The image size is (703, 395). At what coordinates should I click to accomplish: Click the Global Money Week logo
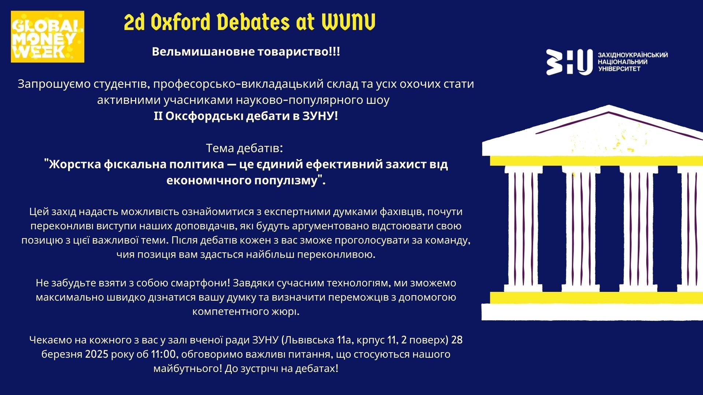(x=48, y=37)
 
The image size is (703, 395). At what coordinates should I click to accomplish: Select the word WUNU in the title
(x=349, y=23)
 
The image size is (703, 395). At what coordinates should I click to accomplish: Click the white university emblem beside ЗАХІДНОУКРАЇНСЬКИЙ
(x=569, y=62)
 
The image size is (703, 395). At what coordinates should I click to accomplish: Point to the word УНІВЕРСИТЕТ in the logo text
(x=619, y=69)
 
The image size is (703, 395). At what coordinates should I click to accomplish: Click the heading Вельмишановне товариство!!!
(x=246, y=52)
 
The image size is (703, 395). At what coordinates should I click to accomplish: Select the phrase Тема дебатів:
(x=244, y=148)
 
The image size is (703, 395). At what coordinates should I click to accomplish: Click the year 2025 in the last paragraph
(x=97, y=354)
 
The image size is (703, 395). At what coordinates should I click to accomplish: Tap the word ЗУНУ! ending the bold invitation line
(x=320, y=116)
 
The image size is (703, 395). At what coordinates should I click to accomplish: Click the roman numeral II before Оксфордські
(x=158, y=116)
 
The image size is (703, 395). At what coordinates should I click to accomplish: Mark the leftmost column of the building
(x=523, y=229)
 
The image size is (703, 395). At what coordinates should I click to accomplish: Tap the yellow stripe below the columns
(x=596, y=298)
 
